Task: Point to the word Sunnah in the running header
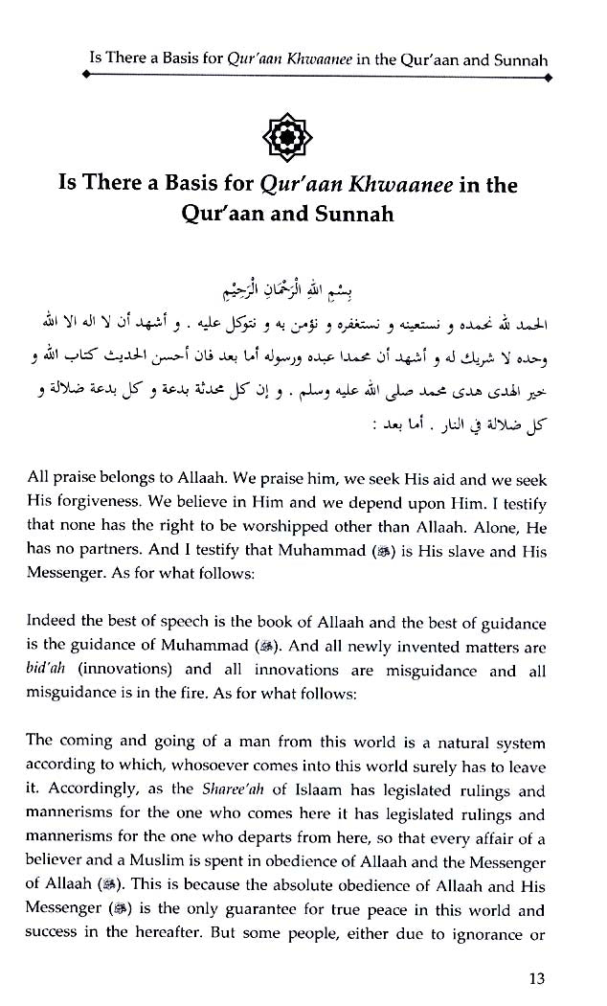point(521,59)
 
